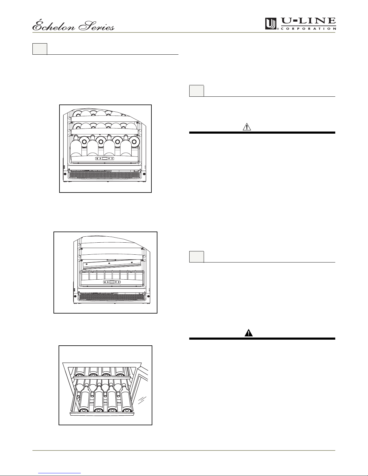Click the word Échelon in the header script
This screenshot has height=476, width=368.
tap(54, 26)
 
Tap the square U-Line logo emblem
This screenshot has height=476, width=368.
tap(271, 24)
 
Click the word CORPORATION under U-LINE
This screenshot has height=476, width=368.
tap(309, 29)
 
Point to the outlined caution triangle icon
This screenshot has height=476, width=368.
tap(247, 127)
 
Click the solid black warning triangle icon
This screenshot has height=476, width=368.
tap(249, 333)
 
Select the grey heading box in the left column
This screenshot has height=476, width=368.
tap(40, 49)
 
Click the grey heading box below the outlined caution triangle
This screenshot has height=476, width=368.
tap(196, 257)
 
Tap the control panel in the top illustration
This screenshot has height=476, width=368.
tap(105, 158)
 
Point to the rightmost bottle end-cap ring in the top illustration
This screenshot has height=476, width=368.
tap(134, 141)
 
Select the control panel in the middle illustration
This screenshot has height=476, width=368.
tap(112, 282)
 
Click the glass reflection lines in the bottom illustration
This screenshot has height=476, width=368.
tap(142, 400)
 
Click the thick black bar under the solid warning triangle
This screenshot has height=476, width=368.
tap(262, 339)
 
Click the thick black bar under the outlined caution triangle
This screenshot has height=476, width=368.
tap(262, 132)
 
